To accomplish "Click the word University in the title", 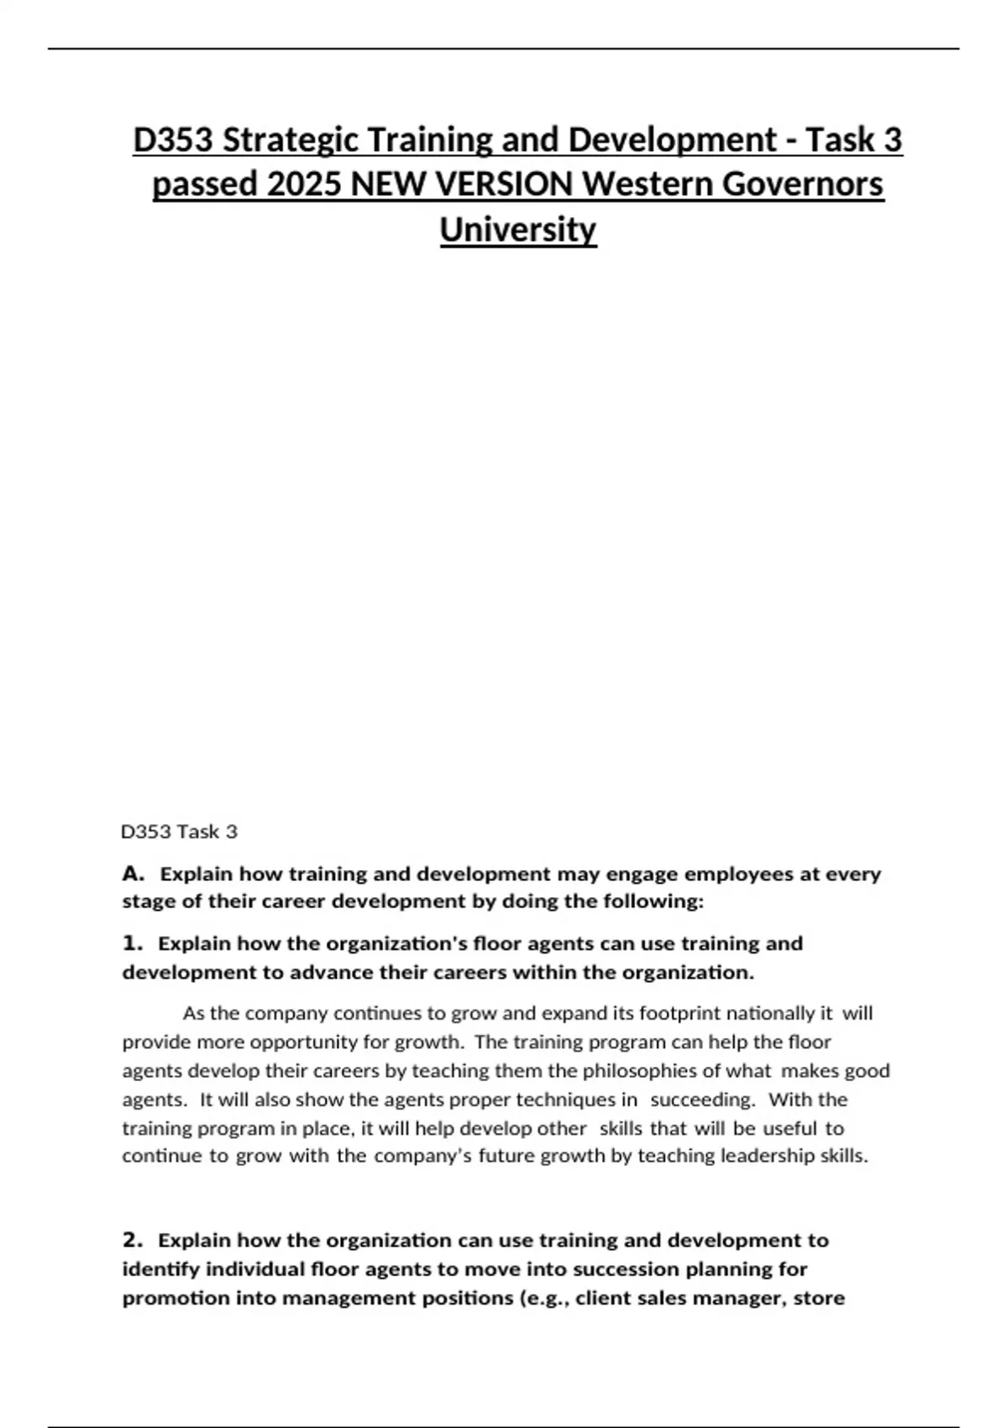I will tap(517, 228).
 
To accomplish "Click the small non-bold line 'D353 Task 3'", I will tap(180, 832).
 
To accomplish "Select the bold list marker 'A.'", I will tap(134, 874).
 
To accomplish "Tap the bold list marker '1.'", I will tap(133, 943).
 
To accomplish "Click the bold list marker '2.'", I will tap(134, 1240).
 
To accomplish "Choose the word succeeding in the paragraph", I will tap(702, 1100).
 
